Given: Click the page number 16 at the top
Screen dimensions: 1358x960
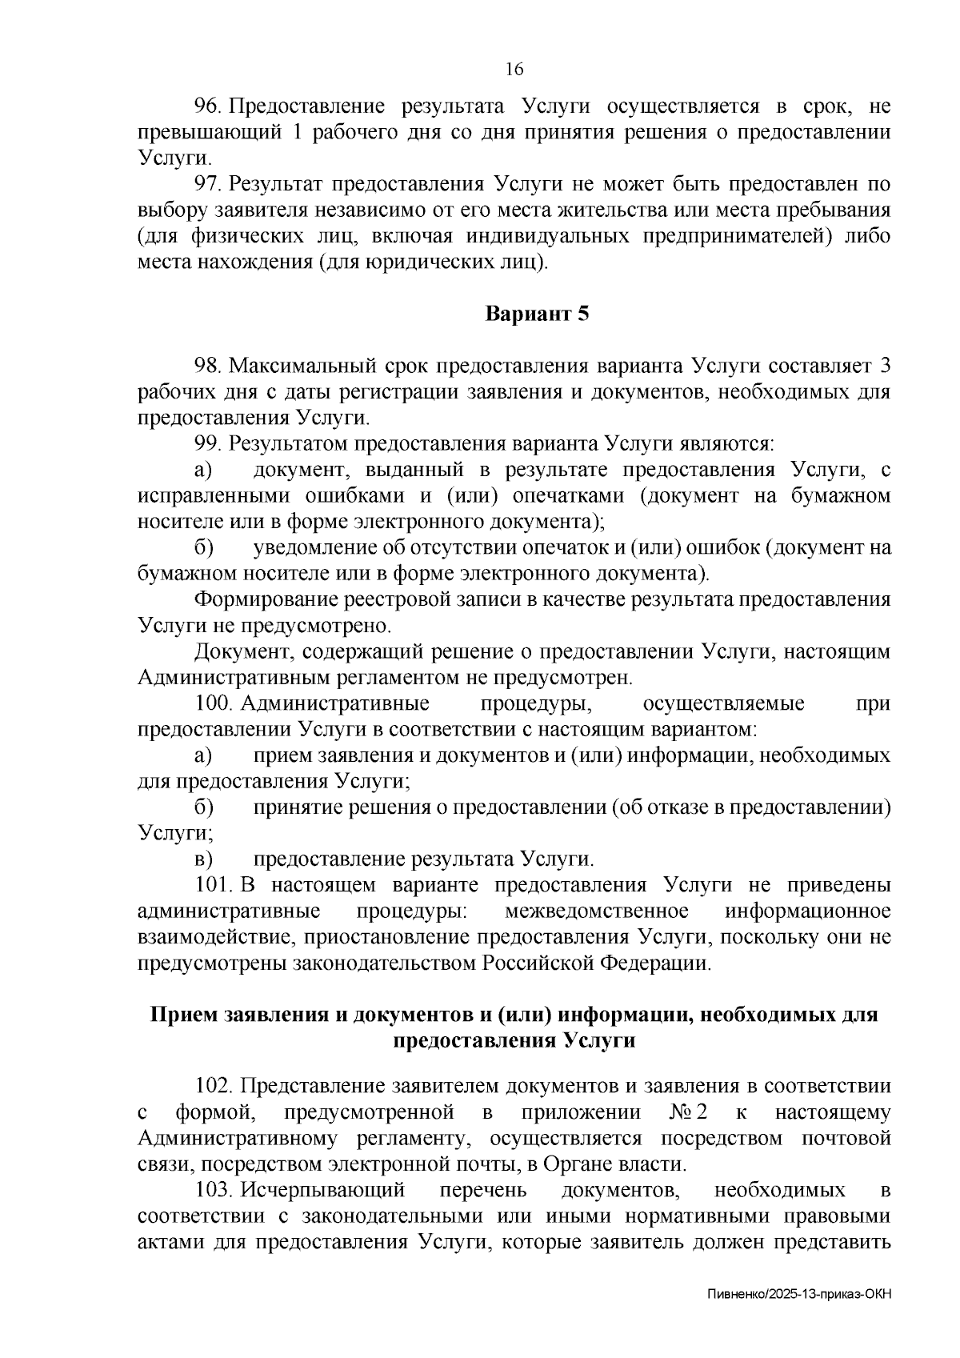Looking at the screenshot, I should pyautogui.click(x=514, y=70).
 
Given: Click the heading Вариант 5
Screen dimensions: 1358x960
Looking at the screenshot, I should pyautogui.click(x=538, y=314).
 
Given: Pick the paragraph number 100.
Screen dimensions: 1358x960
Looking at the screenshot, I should pyautogui.click(x=214, y=703).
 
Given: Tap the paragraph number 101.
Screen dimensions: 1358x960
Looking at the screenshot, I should pyautogui.click(x=214, y=886).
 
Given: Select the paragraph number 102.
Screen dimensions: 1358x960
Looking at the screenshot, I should pyautogui.click(x=214, y=1086).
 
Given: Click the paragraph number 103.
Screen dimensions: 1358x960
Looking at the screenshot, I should pyautogui.click(x=214, y=1190).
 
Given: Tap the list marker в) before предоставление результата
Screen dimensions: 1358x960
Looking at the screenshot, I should pyautogui.click(x=203, y=859).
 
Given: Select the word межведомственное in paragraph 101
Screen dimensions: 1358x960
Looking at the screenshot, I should pyautogui.click(x=597, y=911).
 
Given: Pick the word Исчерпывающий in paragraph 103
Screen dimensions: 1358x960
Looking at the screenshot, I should pyautogui.click(x=323, y=1190).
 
